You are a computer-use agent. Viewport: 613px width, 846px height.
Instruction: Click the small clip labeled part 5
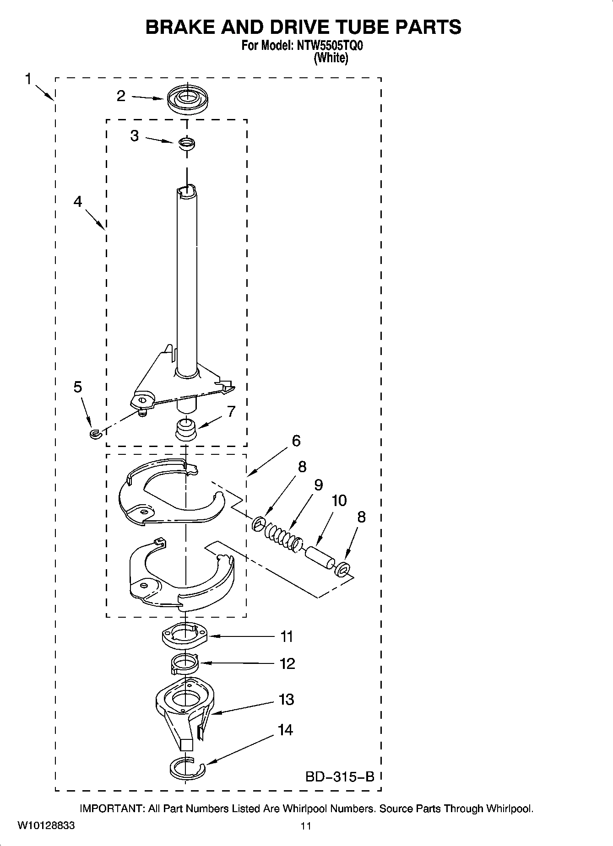pyautogui.click(x=94, y=433)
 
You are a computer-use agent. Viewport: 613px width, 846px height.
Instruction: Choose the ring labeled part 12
pyautogui.click(x=184, y=664)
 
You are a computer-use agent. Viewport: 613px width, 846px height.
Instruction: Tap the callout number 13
pyautogui.click(x=286, y=700)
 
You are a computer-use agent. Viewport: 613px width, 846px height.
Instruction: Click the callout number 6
pyautogui.click(x=296, y=441)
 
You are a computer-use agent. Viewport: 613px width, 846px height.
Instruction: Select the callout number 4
pyautogui.click(x=78, y=201)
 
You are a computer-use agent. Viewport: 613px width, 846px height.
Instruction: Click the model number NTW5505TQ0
pyautogui.click(x=330, y=46)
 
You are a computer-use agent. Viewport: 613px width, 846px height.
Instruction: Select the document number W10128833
pyautogui.click(x=46, y=826)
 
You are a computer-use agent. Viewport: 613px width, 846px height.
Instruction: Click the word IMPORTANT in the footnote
pyautogui.click(x=112, y=809)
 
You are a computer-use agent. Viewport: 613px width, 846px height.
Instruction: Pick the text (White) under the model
pyautogui.click(x=331, y=58)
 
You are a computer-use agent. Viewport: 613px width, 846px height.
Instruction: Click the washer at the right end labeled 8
pyautogui.click(x=342, y=570)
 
